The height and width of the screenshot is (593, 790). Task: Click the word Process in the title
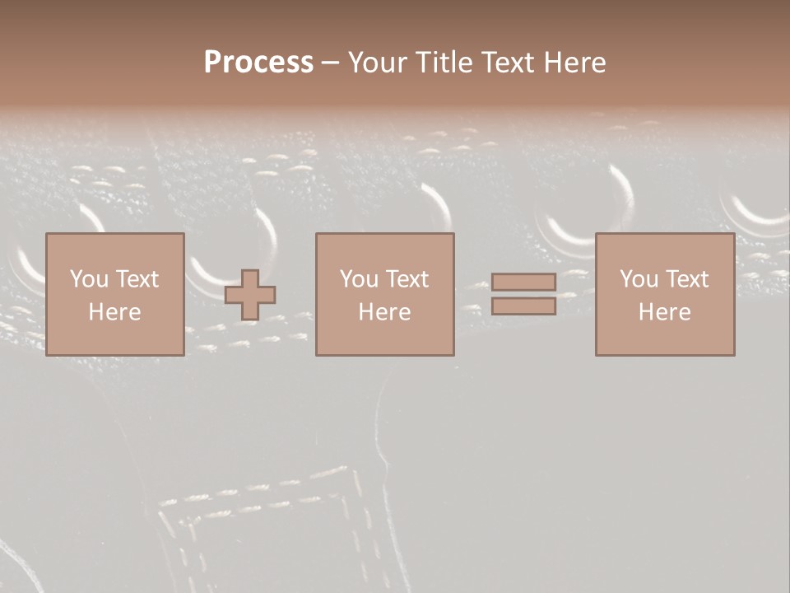(258, 63)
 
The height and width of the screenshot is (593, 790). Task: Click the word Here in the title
(576, 63)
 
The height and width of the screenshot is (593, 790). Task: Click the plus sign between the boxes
(250, 295)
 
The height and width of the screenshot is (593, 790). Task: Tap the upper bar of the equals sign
(523, 282)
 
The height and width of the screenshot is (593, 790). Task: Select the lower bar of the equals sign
(523, 306)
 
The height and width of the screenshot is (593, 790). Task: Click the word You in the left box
(89, 279)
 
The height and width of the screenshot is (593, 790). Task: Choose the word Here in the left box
(114, 312)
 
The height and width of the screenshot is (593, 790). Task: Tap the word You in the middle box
(360, 279)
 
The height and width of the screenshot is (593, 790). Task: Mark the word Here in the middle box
(384, 312)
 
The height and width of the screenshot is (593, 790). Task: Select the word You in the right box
(639, 279)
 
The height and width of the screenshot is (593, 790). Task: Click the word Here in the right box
(664, 312)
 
